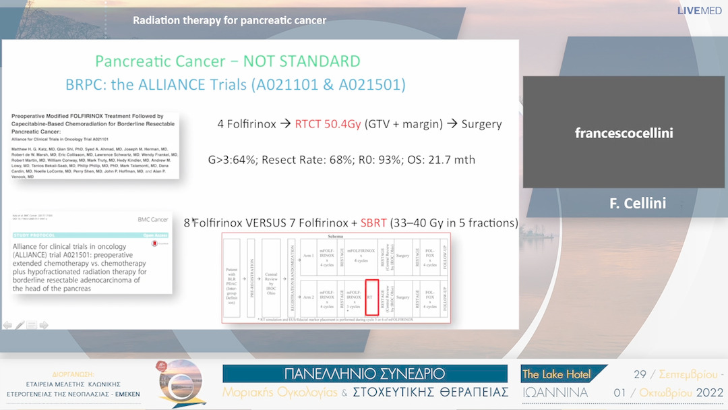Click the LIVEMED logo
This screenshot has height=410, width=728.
point(699,11)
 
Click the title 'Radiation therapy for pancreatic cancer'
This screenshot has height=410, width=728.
point(230,20)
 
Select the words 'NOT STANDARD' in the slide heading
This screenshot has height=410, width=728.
point(302,61)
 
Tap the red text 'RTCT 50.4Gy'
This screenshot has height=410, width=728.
point(328,124)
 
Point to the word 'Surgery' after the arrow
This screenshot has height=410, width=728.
point(481,124)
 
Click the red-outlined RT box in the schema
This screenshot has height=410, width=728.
point(371,297)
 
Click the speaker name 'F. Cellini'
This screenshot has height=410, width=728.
point(638,203)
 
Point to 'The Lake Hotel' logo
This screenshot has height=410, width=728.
point(557,374)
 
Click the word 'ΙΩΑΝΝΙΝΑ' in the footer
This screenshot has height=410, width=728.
point(555,392)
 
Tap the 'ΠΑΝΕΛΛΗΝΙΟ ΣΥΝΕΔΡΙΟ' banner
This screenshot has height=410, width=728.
point(365,374)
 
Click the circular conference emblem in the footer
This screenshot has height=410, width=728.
point(183,384)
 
